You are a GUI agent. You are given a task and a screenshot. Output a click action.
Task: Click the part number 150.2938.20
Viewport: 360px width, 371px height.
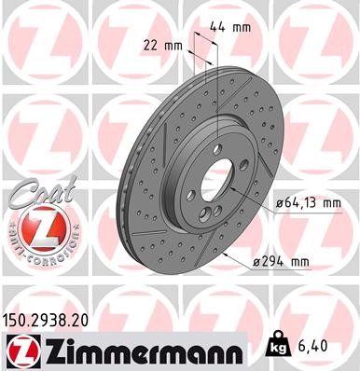(53, 320)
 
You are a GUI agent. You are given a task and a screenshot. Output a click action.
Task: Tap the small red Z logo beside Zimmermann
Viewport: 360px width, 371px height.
(21, 350)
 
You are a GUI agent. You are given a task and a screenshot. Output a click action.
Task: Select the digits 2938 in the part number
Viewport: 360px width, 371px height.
(55, 320)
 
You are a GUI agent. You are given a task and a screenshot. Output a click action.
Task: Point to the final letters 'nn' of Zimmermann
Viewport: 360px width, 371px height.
(230, 351)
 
